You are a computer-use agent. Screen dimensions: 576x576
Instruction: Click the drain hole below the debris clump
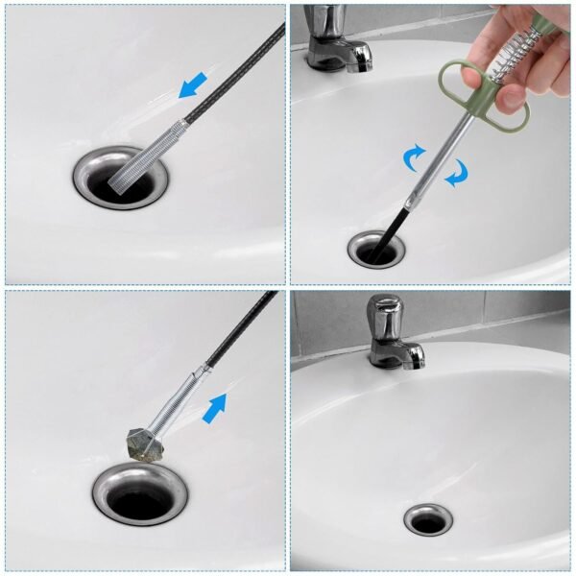point(140,500)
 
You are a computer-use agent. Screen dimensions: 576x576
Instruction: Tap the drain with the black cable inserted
point(374,249)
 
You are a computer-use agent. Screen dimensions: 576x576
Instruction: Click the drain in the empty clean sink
point(427,519)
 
